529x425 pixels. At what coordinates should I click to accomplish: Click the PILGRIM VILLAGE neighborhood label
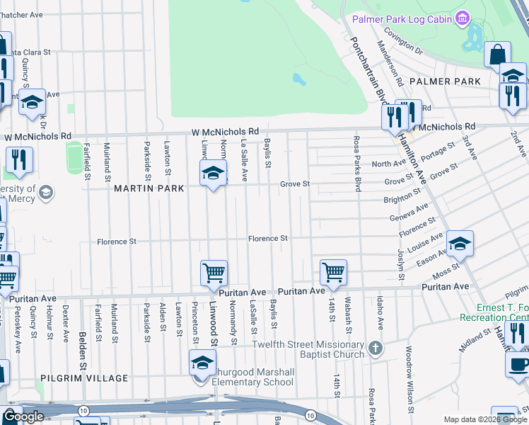[84, 378]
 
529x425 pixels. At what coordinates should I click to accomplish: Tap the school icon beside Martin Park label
[212, 174]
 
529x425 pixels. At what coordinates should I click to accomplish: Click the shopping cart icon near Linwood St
[214, 273]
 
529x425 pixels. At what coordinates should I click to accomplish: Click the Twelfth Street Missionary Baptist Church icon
[375, 348]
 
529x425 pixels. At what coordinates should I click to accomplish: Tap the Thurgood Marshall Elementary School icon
[202, 363]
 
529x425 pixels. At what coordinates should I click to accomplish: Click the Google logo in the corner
[24, 416]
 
